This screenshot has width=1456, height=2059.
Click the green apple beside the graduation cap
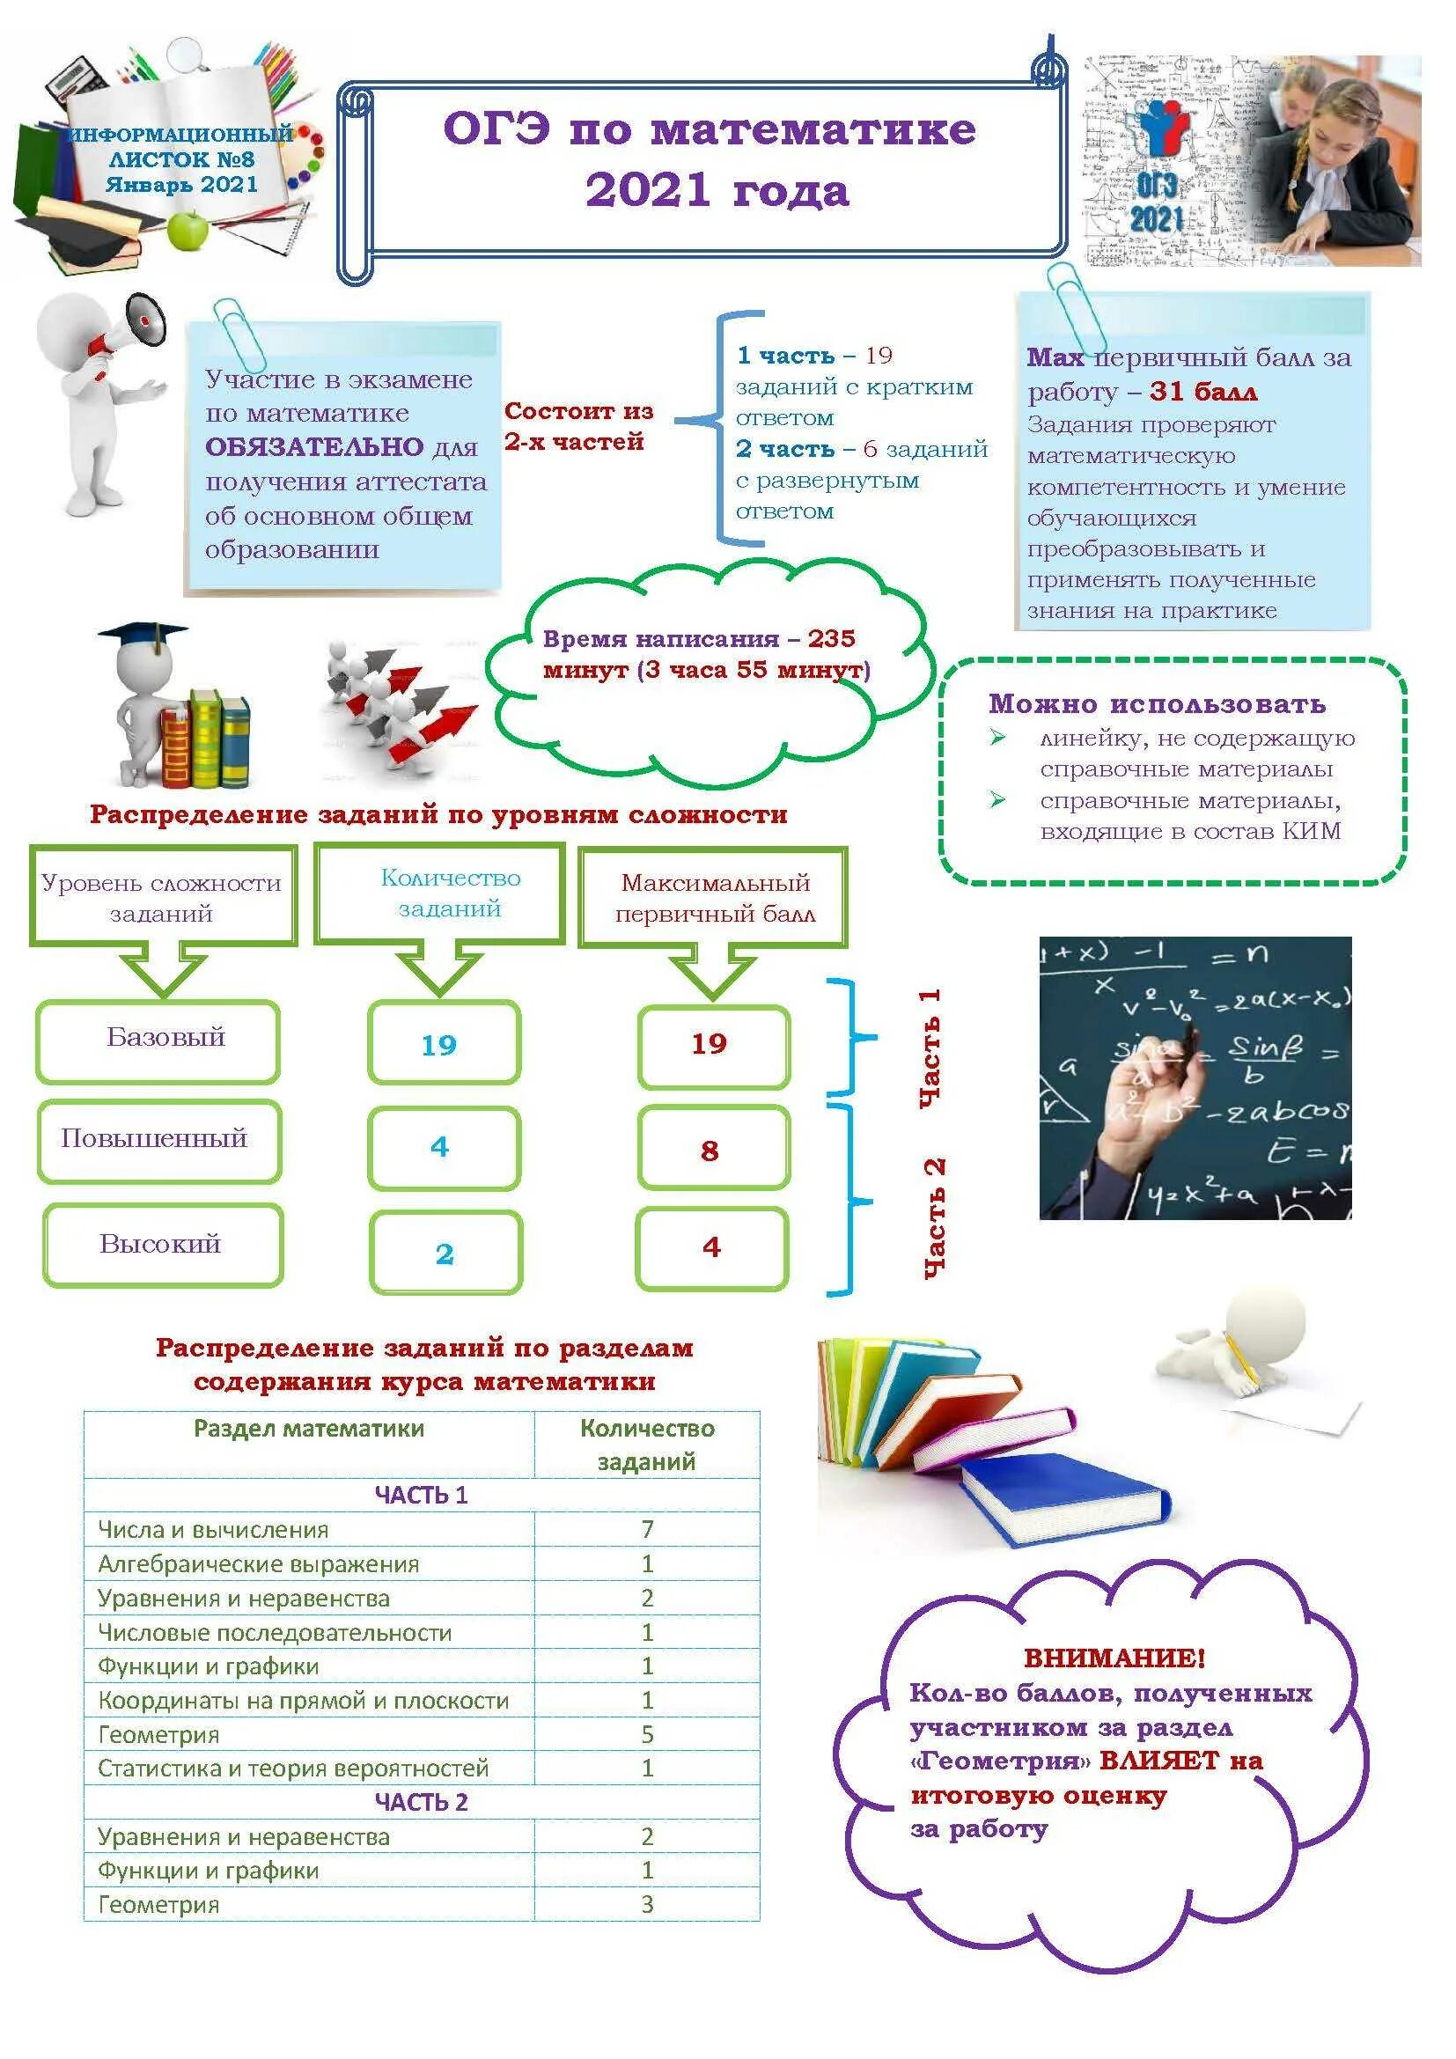(188, 230)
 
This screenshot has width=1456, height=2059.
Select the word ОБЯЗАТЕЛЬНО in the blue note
(313, 446)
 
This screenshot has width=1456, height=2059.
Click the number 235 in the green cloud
(831, 638)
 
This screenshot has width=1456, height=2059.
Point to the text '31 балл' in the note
(1203, 391)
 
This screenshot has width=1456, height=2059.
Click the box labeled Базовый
(158, 1041)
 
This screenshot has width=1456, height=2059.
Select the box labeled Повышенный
(158, 1141)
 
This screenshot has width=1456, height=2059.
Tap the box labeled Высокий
(162, 1245)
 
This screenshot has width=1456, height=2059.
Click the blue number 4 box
(444, 1148)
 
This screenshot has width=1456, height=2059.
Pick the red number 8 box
(713, 1151)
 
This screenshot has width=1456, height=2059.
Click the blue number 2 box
(445, 1254)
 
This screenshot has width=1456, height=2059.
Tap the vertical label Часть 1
(930, 1048)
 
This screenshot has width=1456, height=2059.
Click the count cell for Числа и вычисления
(646, 1528)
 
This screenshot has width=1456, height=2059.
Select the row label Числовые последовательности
(275, 1632)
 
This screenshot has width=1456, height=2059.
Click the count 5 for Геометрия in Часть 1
(646, 1734)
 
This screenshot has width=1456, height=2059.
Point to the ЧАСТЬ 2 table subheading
(422, 1803)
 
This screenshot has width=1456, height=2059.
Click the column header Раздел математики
(308, 1430)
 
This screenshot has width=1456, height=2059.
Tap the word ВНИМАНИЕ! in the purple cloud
(1114, 1658)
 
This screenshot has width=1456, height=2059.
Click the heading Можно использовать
(1157, 704)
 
